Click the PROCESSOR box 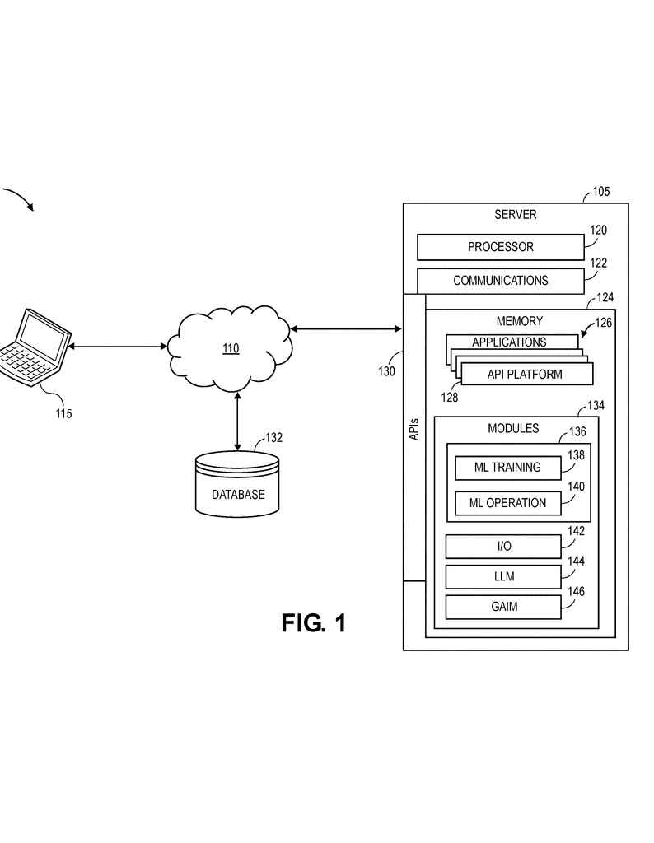point(500,247)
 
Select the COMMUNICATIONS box point(500,281)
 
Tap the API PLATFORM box point(526,375)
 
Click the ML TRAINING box point(507,468)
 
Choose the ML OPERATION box point(507,503)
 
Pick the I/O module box point(503,547)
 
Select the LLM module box point(503,577)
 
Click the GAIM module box point(503,608)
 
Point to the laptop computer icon point(33,347)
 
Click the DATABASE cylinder point(237,486)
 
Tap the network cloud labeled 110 point(230,347)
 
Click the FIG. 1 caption point(313,623)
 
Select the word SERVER point(515,215)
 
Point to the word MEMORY point(519,321)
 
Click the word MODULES point(513,428)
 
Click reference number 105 point(600,193)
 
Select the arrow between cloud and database point(237,421)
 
